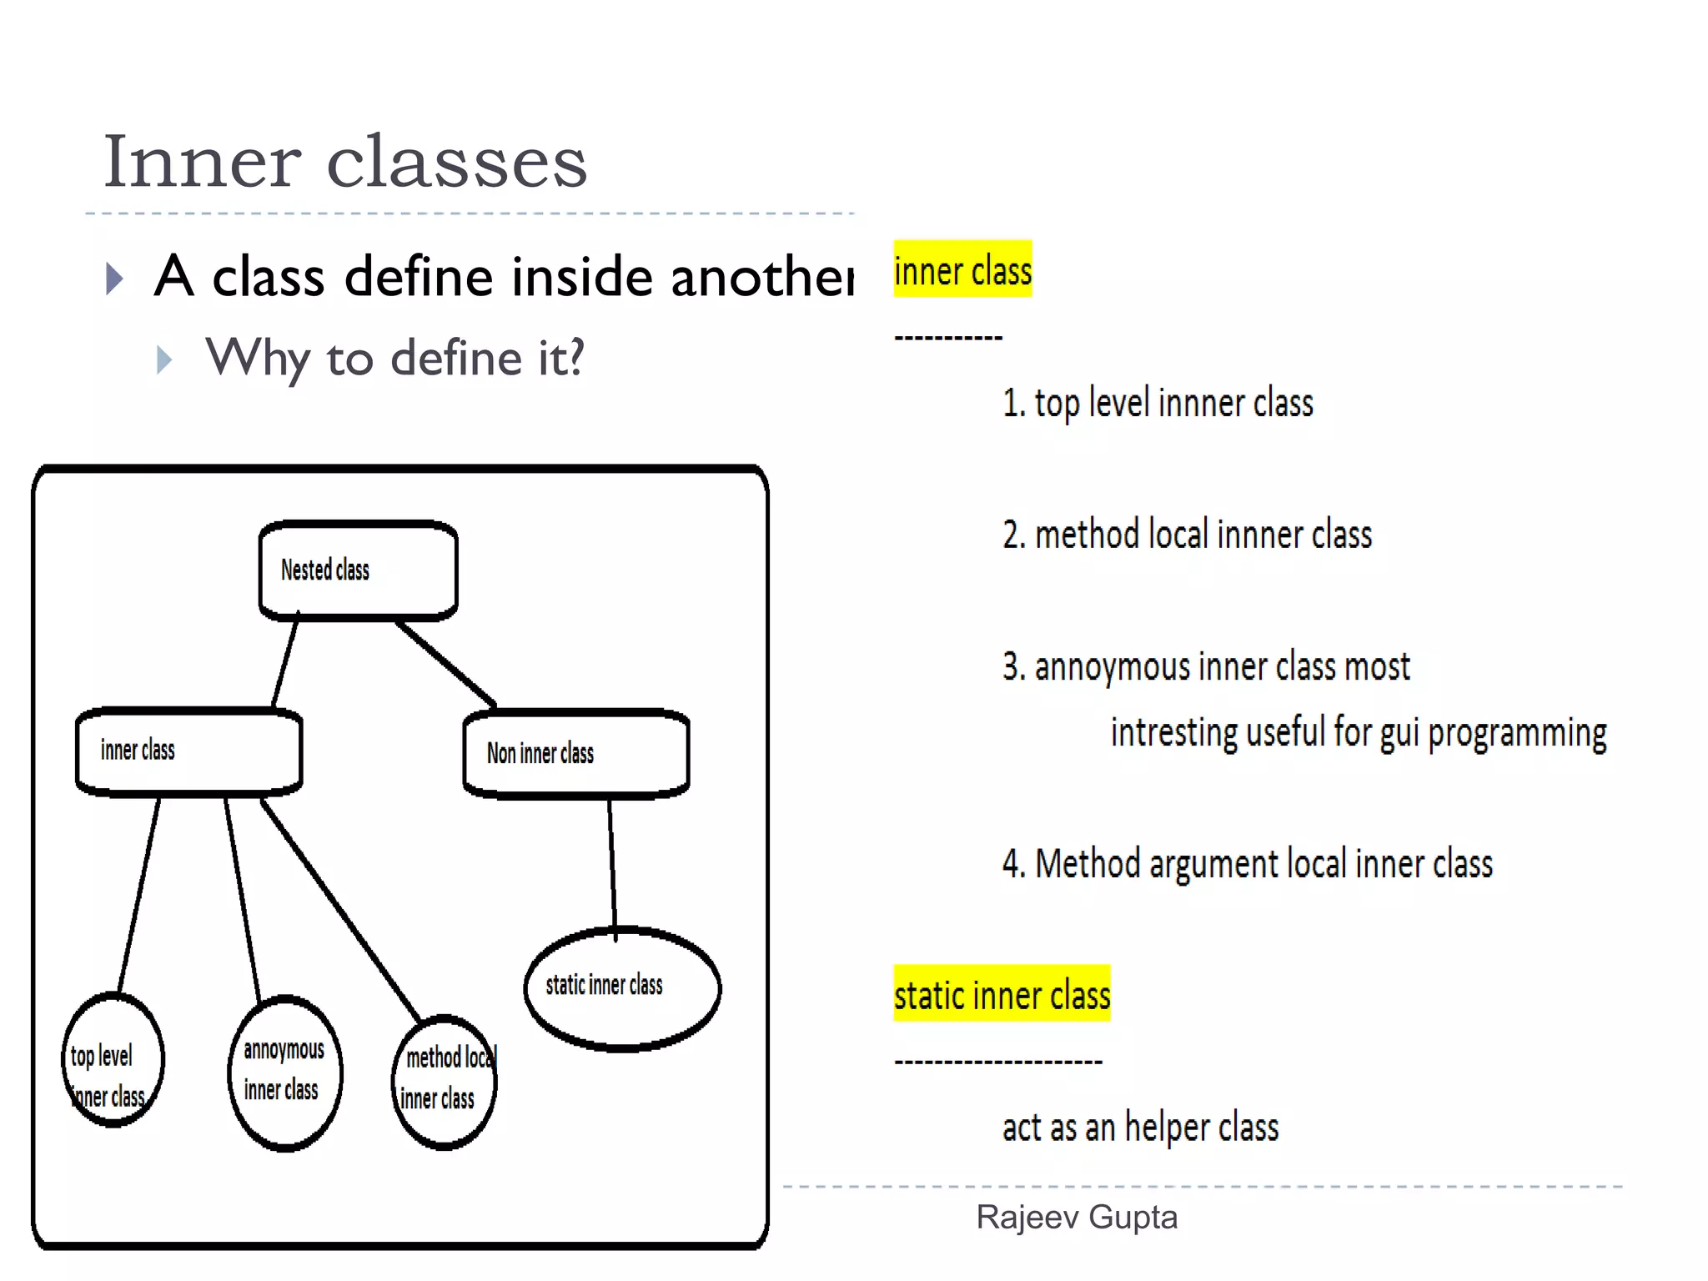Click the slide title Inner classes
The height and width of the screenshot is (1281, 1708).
[345, 161]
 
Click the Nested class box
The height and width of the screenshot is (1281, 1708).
[359, 570]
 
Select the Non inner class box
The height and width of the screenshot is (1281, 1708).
[576, 753]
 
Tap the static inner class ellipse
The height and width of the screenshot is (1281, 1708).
[622, 987]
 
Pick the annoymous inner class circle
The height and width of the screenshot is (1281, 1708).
[284, 1072]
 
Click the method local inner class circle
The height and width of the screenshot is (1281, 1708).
[445, 1081]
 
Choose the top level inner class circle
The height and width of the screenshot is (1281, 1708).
[112, 1060]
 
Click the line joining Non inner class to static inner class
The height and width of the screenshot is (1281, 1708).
[612, 864]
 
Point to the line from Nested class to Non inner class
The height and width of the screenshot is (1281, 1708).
[446, 663]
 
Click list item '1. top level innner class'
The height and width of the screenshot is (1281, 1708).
[1158, 404]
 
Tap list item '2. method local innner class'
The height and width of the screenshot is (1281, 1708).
[1187, 535]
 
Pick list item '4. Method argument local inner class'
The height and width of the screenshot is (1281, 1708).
[1248, 864]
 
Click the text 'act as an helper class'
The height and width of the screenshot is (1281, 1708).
[1140, 1128]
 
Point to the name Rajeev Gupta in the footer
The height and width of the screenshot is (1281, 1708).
[1077, 1218]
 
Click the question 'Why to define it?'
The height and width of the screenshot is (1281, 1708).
[395, 359]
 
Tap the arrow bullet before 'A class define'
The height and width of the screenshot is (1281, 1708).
[115, 279]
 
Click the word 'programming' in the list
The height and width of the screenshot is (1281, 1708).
[1517, 733]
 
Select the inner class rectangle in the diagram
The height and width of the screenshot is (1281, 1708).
[189, 751]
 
